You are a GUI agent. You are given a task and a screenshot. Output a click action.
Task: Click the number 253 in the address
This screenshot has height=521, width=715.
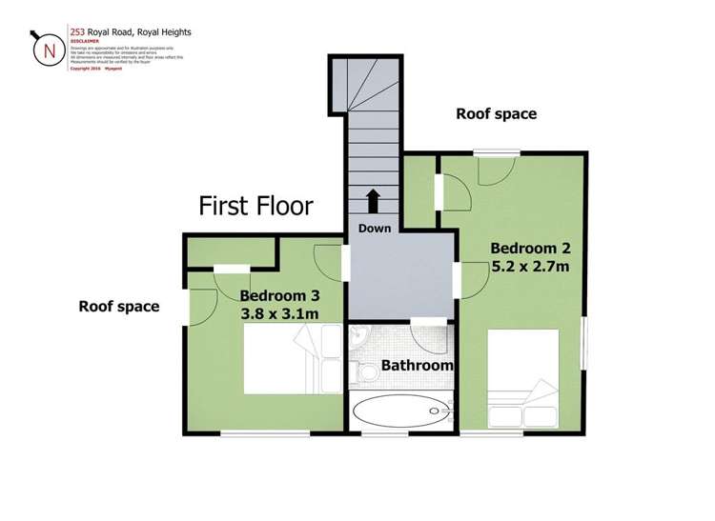(x=78, y=31)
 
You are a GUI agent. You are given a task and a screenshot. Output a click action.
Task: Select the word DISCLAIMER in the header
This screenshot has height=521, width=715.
(x=85, y=40)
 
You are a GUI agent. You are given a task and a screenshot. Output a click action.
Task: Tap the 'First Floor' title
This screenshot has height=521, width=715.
(x=255, y=206)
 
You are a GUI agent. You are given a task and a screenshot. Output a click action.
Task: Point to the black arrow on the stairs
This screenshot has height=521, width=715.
(x=372, y=201)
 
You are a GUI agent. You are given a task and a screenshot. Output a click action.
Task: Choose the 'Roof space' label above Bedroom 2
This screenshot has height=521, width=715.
(x=496, y=113)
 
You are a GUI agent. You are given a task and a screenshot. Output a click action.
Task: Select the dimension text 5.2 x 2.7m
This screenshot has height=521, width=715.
(x=530, y=268)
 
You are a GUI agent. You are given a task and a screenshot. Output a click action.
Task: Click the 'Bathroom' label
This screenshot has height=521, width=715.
(x=417, y=365)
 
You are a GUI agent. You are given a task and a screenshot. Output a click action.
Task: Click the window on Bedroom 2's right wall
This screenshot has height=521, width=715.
(x=585, y=338)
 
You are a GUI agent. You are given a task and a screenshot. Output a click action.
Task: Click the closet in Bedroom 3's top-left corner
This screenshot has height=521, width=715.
(x=230, y=251)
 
